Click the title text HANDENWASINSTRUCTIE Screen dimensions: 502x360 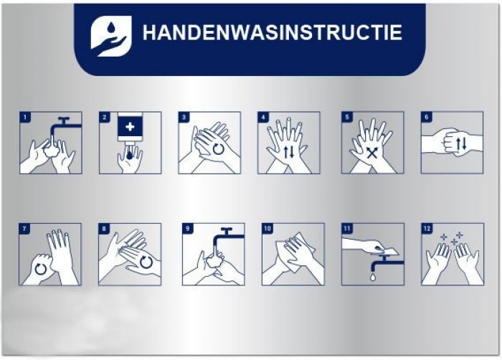272,32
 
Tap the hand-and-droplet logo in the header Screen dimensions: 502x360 111,36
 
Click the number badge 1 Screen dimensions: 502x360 25,117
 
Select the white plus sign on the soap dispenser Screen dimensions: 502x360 130,127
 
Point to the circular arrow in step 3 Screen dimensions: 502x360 219,149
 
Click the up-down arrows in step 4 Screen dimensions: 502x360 289,152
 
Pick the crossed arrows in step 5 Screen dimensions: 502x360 372,153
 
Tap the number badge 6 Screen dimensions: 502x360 427,117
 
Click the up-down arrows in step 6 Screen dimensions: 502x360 461,144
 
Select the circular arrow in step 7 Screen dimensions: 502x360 40,269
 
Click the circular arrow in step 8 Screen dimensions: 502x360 146,262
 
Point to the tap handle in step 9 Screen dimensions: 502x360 227,230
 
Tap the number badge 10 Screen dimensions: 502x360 267,229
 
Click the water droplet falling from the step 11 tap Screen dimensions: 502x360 373,277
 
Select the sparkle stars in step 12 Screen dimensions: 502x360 452,238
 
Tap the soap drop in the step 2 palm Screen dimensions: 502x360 129,155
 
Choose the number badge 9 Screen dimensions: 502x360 188,229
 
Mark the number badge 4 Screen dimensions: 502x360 263,117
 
